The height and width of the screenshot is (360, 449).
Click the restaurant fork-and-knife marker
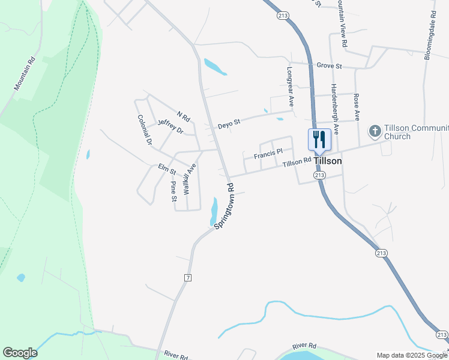click(x=319, y=140)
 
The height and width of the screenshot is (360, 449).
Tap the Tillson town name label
click(x=328, y=161)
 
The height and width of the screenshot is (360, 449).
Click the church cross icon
click(x=375, y=131)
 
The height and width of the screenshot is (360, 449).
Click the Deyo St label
click(x=229, y=123)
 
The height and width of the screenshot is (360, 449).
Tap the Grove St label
click(x=329, y=65)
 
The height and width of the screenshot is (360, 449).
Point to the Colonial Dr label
click(x=145, y=130)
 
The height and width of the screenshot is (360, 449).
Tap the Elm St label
click(x=166, y=169)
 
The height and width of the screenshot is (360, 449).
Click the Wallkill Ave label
click(x=189, y=179)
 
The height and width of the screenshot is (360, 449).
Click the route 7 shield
click(x=188, y=278)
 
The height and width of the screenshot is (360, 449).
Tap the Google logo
click(x=20, y=353)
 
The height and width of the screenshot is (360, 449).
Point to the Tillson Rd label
click(x=297, y=162)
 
